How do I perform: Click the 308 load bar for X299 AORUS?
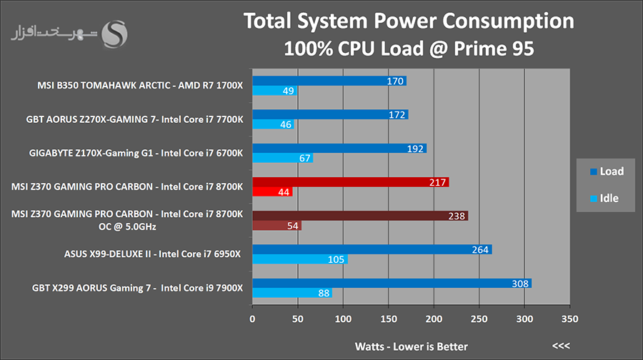pyautogui.click(x=392, y=284)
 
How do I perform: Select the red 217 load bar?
pyautogui.click(x=350, y=182)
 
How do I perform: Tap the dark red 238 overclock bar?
pyautogui.click(x=359, y=216)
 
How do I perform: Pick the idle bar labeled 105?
pyautogui.click(x=299, y=259)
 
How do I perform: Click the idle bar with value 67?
pyautogui.click(x=282, y=158)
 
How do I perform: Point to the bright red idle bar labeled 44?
pyautogui.click(x=272, y=192)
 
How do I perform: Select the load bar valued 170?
pyautogui.click(x=329, y=81)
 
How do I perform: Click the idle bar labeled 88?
pyautogui.click(x=291, y=293)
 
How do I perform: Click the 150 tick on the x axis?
pyautogui.click(x=389, y=318)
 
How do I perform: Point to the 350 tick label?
pyautogui.click(x=570, y=318)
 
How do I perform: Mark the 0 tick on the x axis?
pyautogui.click(x=252, y=318)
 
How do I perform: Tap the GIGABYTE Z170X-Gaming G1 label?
pyautogui.click(x=136, y=153)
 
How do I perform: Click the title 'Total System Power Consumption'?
pyautogui.click(x=409, y=21)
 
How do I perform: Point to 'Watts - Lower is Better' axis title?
pyautogui.click(x=412, y=346)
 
